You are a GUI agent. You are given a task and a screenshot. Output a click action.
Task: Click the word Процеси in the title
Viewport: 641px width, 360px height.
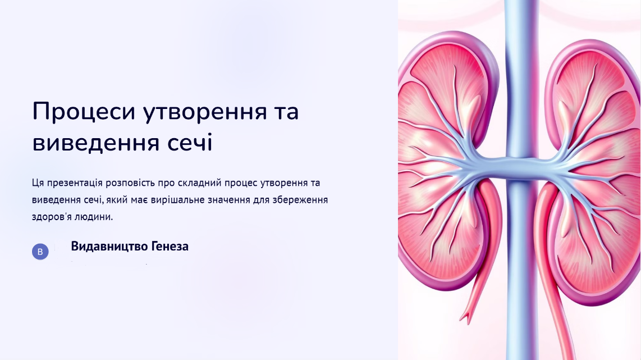click(84, 112)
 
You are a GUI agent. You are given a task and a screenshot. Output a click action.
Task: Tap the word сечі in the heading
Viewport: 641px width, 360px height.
click(190, 143)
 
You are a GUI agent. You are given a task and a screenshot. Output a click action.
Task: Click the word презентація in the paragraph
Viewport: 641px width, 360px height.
click(75, 183)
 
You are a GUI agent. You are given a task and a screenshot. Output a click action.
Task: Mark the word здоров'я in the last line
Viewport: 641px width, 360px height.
click(52, 217)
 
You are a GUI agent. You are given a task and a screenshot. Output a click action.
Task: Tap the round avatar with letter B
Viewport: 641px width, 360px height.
click(40, 252)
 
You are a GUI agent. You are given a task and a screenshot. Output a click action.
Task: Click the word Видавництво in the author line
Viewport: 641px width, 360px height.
click(109, 247)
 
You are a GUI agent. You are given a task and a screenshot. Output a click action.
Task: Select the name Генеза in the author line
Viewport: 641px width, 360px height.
click(170, 247)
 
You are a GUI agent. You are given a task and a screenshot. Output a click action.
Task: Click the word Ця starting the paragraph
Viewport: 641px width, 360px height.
click(38, 183)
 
